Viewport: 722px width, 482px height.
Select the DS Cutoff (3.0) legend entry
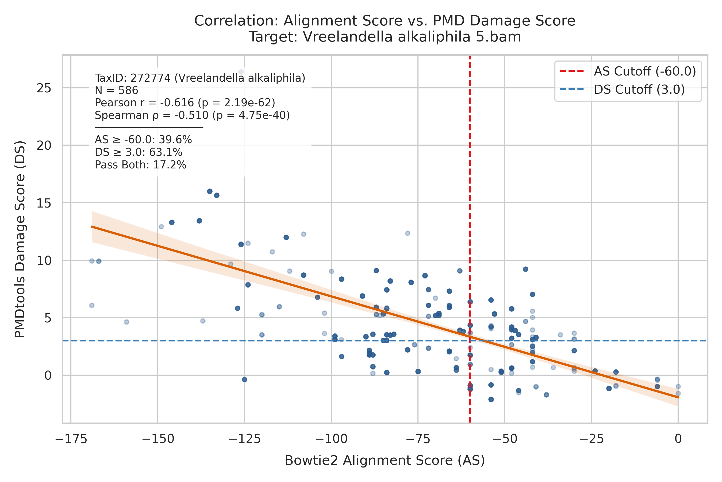point(622,89)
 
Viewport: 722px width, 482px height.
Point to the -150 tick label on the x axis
point(158,439)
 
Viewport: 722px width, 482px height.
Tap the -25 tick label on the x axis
point(591,439)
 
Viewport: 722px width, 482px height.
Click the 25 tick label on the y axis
point(44,88)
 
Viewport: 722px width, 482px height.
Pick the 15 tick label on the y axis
point(44,203)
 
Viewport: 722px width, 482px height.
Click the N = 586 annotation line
point(116,91)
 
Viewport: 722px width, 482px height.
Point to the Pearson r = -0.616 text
point(144,103)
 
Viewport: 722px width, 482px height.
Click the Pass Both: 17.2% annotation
point(140,165)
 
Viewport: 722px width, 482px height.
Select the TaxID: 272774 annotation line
point(200,78)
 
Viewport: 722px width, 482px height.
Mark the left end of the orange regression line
point(92,227)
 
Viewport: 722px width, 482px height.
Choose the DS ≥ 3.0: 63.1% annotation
point(139,152)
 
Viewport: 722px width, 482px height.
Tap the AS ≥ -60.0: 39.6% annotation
point(143,140)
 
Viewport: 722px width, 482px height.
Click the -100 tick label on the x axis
point(331,439)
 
